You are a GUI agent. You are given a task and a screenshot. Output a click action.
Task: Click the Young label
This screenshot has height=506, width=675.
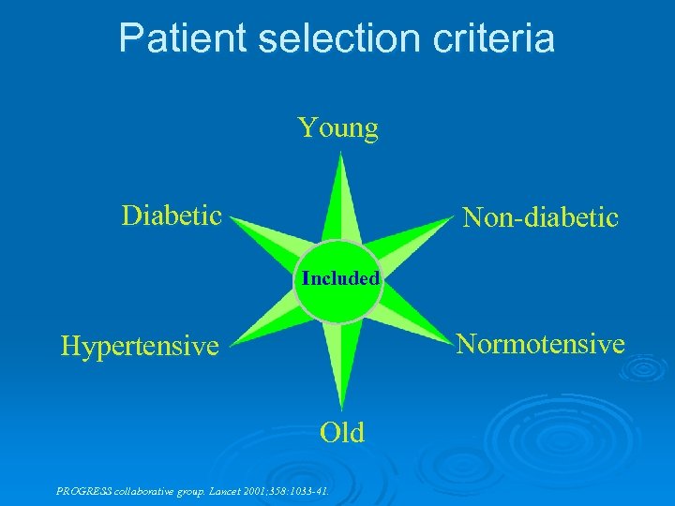pyautogui.click(x=337, y=127)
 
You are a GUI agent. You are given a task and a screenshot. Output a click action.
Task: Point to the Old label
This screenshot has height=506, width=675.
pyautogui.click(x=341, y=432)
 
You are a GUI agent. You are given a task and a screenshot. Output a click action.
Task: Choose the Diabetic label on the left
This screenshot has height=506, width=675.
pyautogui.click(x=172, y=216)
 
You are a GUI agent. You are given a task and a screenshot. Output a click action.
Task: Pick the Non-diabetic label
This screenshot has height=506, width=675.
pyautogui.click(x=540, y=217)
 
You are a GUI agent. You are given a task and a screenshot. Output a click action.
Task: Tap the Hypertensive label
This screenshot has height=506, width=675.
pyautogui.click(x=139, y=347)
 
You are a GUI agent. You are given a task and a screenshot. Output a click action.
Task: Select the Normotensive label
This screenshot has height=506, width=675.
pyautogui.click(x=540, y=344)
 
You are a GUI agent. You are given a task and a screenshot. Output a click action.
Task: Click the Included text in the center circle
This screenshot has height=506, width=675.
pyautogui.click(x=340, y=278)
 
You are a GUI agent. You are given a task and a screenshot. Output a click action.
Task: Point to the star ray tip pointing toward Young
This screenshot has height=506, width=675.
pyautogui.click(x=340, y=156)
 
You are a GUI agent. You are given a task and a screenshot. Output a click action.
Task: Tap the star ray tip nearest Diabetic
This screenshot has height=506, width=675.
pyautogui.click(x=232, y=220)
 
